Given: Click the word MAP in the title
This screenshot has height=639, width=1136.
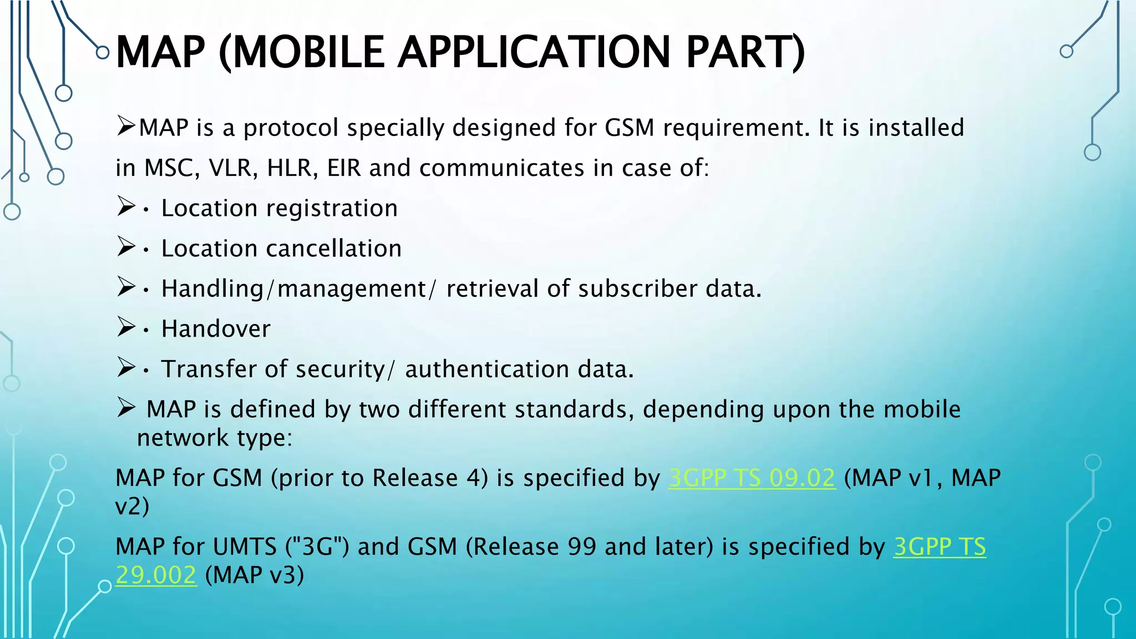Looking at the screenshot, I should coord(160,52).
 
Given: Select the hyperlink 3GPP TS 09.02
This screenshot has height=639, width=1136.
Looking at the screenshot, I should coord(752,478).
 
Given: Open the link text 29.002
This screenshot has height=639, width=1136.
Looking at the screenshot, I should coord(156,575).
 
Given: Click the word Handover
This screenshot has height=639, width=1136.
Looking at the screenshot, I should coord(216,329).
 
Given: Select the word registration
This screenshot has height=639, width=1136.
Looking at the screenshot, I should coord(332,209).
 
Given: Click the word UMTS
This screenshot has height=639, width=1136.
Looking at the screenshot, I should coord(245,547).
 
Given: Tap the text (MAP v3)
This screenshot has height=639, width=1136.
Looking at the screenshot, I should coord(255,575).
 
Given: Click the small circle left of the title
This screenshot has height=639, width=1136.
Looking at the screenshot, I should coord(103,53).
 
